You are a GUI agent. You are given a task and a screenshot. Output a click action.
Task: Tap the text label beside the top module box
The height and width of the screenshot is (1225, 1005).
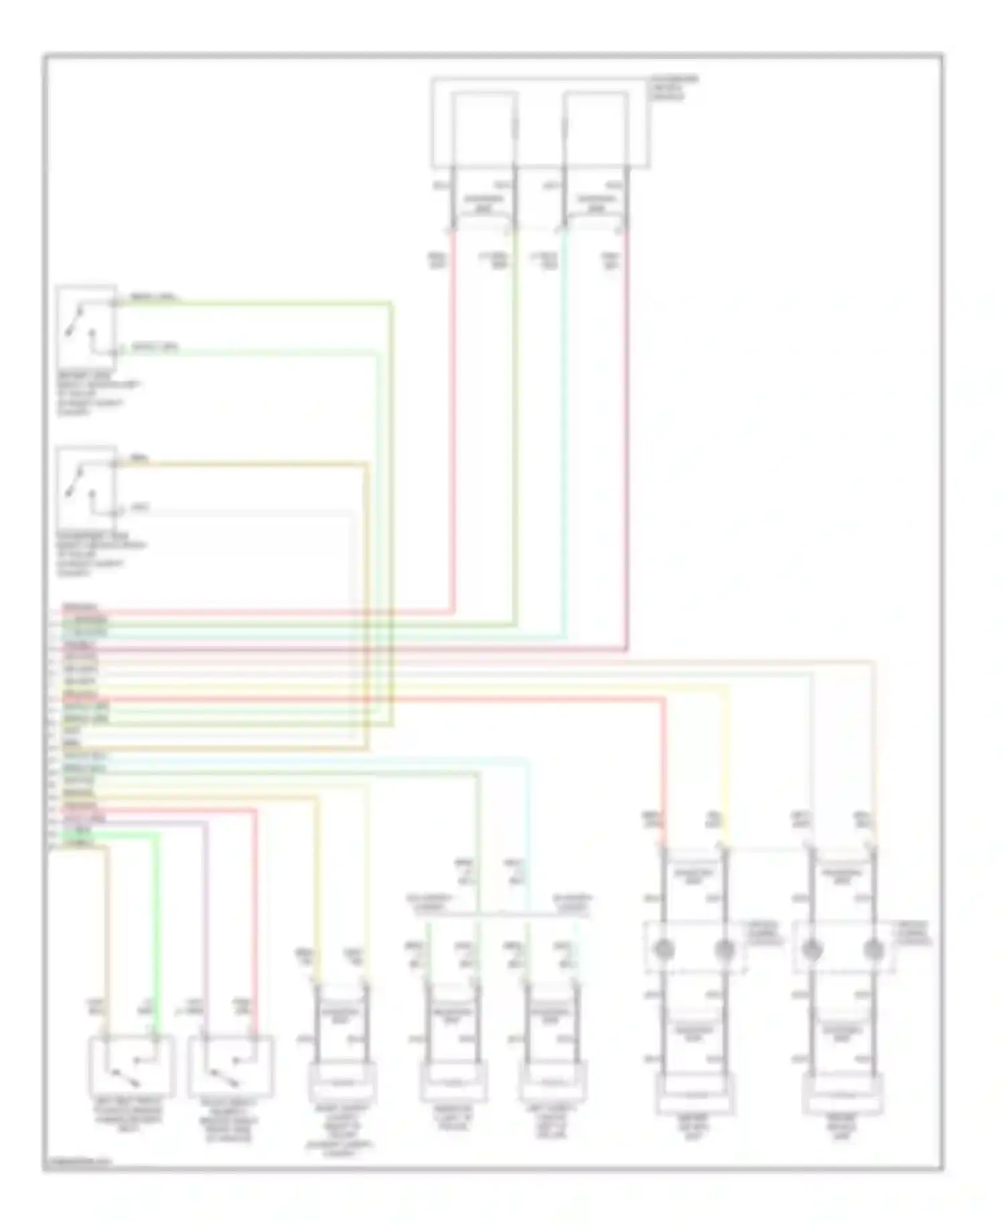tap(673, 88)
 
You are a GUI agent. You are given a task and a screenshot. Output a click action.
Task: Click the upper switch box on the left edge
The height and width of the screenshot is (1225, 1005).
tap(86, 328)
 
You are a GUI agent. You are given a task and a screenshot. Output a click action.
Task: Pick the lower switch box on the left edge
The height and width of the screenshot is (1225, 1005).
tap(86, 487)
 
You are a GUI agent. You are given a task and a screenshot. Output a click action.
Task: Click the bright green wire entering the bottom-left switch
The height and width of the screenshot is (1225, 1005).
tap(157, 938)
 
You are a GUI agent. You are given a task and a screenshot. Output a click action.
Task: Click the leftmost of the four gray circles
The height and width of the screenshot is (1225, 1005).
tap(664, 949)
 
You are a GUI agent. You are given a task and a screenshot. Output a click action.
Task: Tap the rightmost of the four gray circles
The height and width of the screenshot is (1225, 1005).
tap(873, 949)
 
